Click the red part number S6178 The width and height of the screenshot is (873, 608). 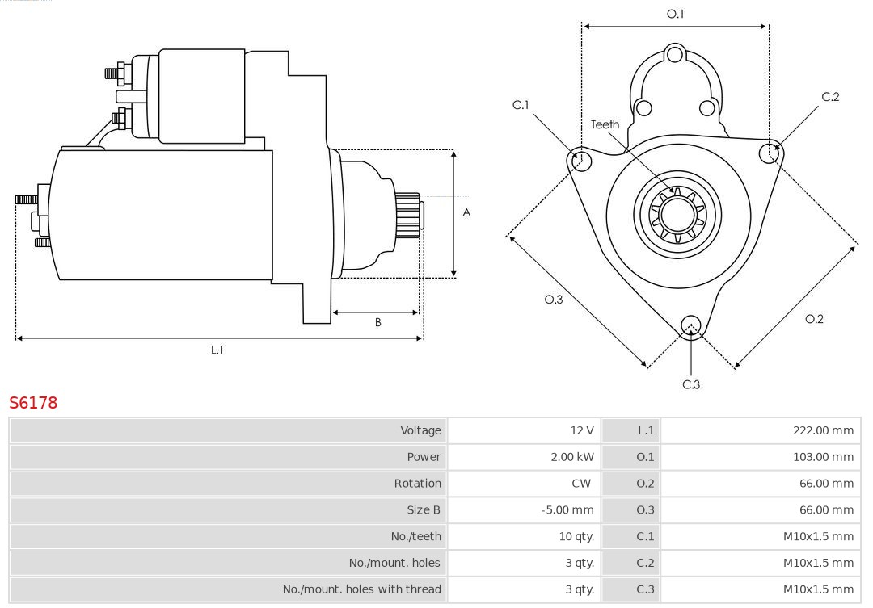(33, 403)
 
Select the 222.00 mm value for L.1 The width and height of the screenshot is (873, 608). (822, 430)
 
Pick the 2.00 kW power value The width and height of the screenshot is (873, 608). (571, 457)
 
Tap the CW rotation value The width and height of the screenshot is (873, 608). (581, 484)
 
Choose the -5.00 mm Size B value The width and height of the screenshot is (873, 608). (567, 510)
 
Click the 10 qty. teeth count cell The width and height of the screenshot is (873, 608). (576, 536)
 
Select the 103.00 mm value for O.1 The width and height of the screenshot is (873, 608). (822, 457)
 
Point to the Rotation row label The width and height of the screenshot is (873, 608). (417, 484)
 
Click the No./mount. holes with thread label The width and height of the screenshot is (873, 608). (361, 589)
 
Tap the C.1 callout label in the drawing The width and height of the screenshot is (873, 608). (521, 105)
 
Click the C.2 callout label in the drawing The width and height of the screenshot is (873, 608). (830, 97)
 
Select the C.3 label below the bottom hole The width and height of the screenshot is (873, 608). (691, 384)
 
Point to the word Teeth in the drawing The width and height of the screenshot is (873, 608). (605, 124)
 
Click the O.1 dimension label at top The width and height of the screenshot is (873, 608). (675, 14)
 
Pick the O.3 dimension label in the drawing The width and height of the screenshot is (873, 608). (553, 300)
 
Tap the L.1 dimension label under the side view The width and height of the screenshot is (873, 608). (217, 350)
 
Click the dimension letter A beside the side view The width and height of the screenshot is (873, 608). (466, 213)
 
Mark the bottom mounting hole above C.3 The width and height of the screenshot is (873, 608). (690, 325)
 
